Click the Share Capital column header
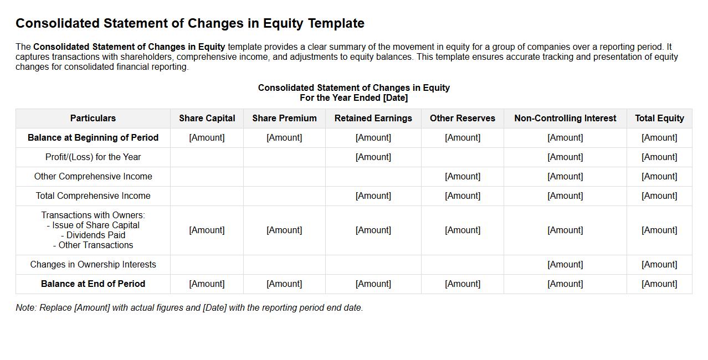tap(207, 118)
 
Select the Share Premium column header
tap(284, 118)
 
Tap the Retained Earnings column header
tap(373, 118)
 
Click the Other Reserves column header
tap(462, 118)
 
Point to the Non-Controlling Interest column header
tap(565, 118)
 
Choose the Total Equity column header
tap(659, 118)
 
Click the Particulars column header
tap(93, 118)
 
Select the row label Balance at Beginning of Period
tap(93, 137)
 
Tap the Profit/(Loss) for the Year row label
tap(93, 157)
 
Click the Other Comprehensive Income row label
tap(93, 176)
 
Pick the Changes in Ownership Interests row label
tap(93, 264)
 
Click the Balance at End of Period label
tap(93, 284)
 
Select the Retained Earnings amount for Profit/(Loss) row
tap(373, 157)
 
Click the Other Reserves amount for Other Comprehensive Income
tap(462, 176)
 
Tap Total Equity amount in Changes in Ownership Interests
tap(659, 264)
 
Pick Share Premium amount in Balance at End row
tap(284, 284)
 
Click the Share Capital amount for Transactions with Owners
tap(207, 230)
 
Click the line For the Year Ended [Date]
tap(353, 98)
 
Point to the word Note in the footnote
tap(25, 307)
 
